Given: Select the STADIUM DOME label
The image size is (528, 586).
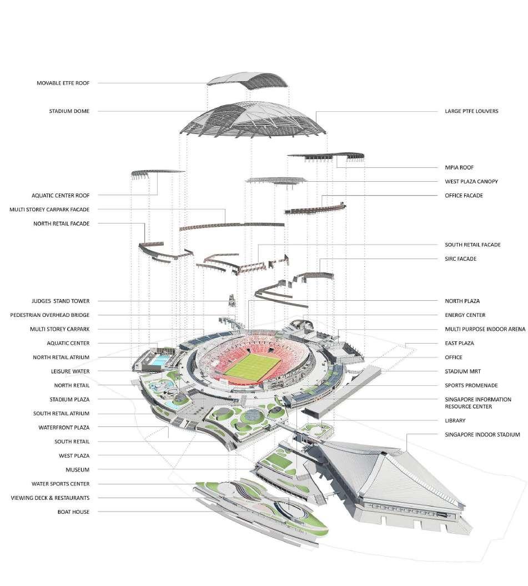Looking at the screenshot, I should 69,111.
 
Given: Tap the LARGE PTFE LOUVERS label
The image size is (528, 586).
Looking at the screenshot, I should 471,111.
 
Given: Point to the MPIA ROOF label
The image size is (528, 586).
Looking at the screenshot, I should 459,167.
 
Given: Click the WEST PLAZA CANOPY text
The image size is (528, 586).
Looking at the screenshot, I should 471,181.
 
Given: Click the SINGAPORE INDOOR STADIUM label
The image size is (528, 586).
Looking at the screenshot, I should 482,434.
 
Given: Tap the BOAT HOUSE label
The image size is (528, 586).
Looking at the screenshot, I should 73,511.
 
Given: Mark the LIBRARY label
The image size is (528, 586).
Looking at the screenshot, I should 455,420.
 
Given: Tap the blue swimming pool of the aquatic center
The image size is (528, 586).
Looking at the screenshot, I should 156,362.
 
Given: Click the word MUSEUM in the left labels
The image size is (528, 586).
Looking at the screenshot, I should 77,470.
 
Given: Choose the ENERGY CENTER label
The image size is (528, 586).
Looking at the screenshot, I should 465,315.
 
